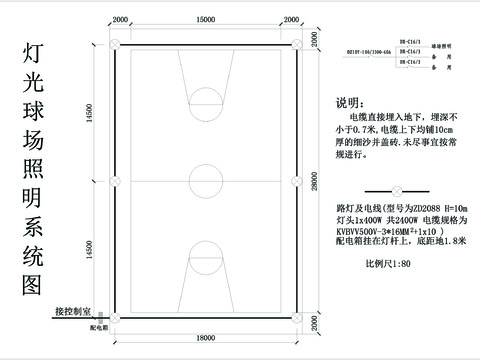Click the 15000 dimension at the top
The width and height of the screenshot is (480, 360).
coord(205,20)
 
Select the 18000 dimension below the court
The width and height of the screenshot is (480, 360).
coord(206,339)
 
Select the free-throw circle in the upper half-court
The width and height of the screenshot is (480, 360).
coord(206,100)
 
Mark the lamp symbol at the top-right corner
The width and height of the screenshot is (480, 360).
coord(295,43)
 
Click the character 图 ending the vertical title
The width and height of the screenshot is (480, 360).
coord(31,285)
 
